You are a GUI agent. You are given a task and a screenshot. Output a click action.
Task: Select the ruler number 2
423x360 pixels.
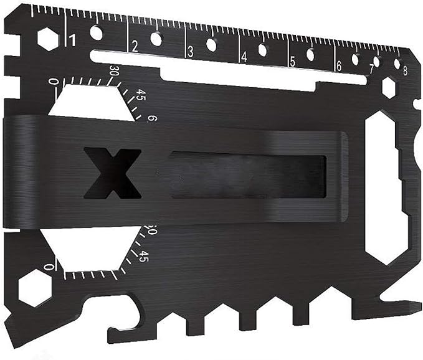click(x=135, y=45)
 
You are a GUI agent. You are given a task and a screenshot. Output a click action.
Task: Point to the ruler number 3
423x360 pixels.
click(x=191, y=51)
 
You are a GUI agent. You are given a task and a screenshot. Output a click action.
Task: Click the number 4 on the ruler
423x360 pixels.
click(x=245, y=56)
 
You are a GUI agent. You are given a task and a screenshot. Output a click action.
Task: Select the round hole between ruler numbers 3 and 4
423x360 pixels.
click(x=212, y=44)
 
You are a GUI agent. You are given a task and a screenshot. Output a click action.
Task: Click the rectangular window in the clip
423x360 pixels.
click(x=249, y=176)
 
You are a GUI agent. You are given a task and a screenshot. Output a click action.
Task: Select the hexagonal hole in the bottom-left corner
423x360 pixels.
click(x=34, y=288)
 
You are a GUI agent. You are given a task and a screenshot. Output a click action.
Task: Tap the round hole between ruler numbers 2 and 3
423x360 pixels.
click(x=156, y=38)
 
